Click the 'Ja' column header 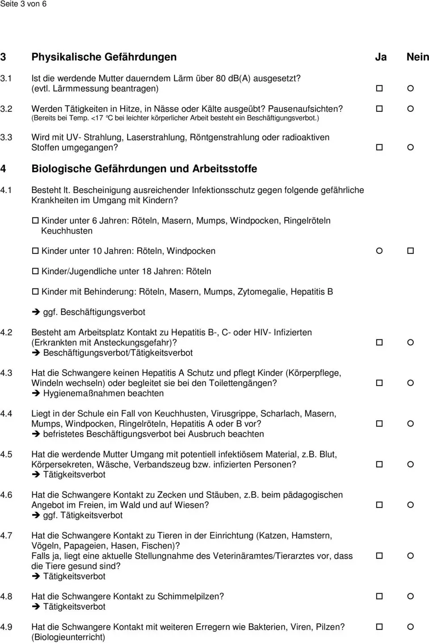point(381,57)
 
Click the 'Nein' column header point(417,57)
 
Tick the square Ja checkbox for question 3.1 point(379,89)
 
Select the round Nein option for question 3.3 point(410,147)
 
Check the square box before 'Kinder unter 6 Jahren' point(35,221)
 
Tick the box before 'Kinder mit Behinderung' point(35,292)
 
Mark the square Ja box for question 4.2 point(379,343)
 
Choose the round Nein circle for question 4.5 point(410,465)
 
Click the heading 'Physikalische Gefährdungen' point(104,57)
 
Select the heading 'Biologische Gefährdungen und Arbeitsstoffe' point(144,169)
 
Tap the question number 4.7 point(6,535)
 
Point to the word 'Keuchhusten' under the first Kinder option point(67,231)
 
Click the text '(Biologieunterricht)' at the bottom point(68,637)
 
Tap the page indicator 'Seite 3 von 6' point(23,4)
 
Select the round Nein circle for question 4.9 point(410,627)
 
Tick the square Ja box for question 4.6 point(379,505)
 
